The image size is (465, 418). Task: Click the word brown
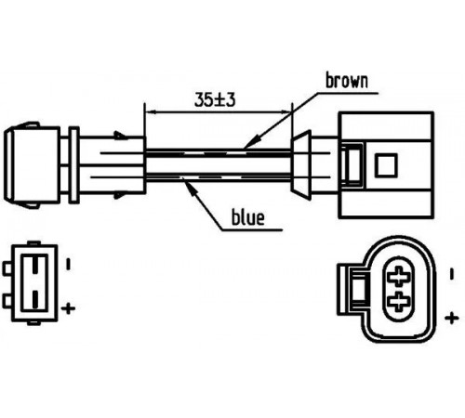click(347, 81)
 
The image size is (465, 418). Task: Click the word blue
click(248, 216)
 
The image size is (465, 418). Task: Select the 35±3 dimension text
click(215, 99)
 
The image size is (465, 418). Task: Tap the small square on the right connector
click(386, 165)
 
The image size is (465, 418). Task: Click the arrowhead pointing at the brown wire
click(251, 142)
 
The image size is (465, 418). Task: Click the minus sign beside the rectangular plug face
click(69, 264)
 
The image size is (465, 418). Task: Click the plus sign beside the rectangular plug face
click(69, 308)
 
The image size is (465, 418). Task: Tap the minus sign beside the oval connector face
click(452, 274)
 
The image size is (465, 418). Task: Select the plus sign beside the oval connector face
click(452, 318)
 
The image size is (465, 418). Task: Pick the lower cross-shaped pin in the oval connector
click(400, 301)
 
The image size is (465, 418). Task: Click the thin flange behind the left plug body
click(73, 164)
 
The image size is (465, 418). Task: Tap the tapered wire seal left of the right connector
click(300, 165)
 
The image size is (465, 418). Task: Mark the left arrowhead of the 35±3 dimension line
click(151, 112)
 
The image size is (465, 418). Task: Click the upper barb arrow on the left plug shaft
click(121, 136)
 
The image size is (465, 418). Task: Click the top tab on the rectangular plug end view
click(33, 243)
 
